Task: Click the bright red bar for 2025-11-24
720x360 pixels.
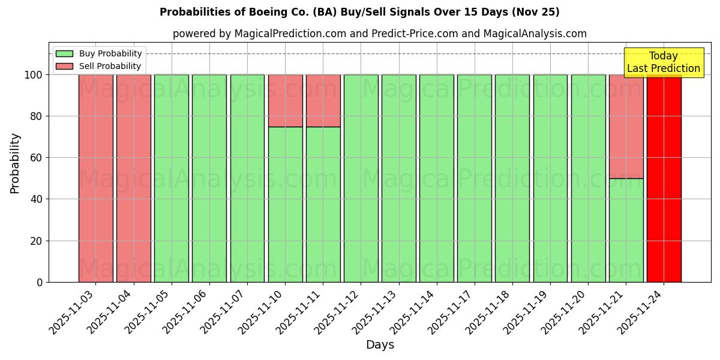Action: click(664, 178)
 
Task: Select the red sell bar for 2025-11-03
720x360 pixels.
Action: click(95, 178)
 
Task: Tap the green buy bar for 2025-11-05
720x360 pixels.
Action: click(172, 178)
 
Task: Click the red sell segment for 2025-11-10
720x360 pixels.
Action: click(285, 100)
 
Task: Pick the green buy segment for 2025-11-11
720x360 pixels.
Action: click(323, 204)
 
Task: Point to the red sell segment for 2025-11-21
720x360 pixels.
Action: click(626, 126)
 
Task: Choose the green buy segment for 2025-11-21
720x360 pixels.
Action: click(626, 230)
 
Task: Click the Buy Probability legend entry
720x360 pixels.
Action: click(99, 53)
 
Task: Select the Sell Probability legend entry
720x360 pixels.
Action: click(99, 66)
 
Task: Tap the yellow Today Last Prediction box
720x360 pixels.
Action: click(663, 62)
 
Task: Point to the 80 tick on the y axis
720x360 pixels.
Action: click(37, 116)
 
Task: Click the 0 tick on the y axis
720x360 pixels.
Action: click(40, 282)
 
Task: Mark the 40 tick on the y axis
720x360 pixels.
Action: click(37, 199)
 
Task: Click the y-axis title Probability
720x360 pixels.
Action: click(15, 163)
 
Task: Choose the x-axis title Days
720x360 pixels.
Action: click(380, 345)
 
